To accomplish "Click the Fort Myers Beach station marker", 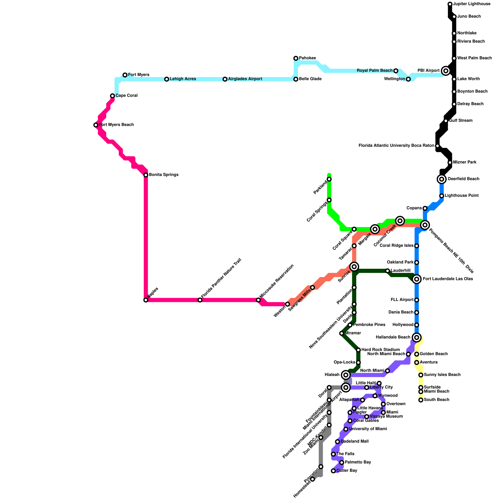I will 96,125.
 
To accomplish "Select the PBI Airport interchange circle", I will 446,71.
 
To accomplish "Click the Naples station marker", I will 146,300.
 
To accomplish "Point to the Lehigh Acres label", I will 183,79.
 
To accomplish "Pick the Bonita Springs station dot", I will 146,175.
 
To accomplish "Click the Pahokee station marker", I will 296,58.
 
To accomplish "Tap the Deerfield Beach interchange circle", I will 442,179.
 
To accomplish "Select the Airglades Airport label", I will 245,79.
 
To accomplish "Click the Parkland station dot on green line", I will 329,179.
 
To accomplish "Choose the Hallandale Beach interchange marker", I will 416,337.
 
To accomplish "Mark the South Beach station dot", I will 421,400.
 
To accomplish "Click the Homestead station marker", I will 312,479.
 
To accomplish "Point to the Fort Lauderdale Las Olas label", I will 448,279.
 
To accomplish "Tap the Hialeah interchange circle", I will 346,375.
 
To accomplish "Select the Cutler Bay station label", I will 347,471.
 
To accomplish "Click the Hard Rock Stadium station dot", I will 358,350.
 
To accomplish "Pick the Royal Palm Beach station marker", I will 396,71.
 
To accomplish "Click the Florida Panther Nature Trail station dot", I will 200,300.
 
